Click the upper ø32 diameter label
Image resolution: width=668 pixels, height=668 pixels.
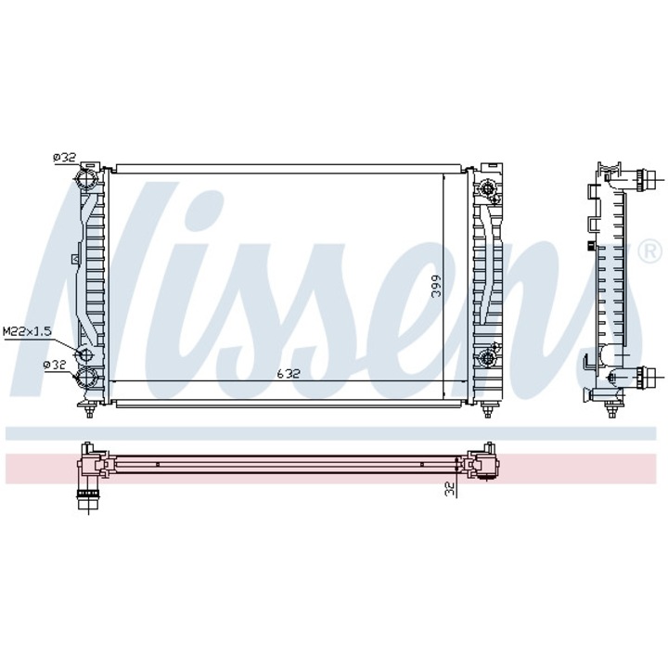(64, 158)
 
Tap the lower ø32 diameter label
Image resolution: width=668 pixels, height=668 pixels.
(55, 365)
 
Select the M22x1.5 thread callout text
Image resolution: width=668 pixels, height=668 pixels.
(27, 330)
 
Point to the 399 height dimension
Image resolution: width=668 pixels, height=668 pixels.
(437, 286)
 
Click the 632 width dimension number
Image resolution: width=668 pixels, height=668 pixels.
(289, 374)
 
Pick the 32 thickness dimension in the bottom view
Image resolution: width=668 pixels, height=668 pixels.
(450, 489)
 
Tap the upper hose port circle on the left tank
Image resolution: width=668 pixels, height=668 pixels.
(86, 178)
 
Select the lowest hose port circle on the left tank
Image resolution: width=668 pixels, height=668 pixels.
(86, 377)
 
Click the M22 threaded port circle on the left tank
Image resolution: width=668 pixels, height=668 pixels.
(84, 354)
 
